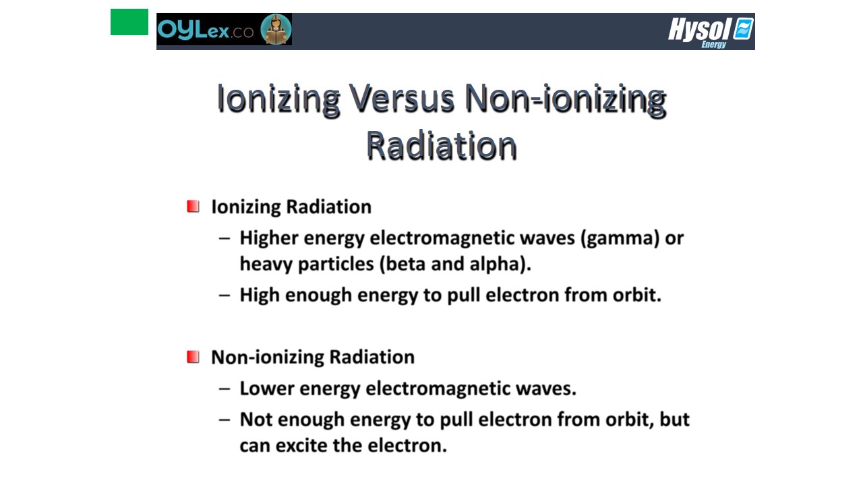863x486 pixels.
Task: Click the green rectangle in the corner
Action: [129, 22]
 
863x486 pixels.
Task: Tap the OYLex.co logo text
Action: [206, 29]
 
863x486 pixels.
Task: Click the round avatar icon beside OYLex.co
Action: [276, 29]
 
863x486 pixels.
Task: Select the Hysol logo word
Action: [699, 29]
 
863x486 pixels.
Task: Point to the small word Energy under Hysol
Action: [713, 45]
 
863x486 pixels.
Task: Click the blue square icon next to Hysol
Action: [743, 28]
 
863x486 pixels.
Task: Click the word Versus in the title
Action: [402, 98]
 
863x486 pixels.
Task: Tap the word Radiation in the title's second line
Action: [441, 145]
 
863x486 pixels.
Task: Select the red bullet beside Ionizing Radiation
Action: [193, 207]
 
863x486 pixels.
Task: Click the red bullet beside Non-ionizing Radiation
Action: [193, 357]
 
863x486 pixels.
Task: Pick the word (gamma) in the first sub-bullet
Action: [620, 238]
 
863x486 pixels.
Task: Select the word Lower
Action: [266, 388]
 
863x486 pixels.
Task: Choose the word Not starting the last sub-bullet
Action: [256, 419]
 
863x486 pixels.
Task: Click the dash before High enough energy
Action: [225, 296]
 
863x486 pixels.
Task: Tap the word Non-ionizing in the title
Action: [565, 99]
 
